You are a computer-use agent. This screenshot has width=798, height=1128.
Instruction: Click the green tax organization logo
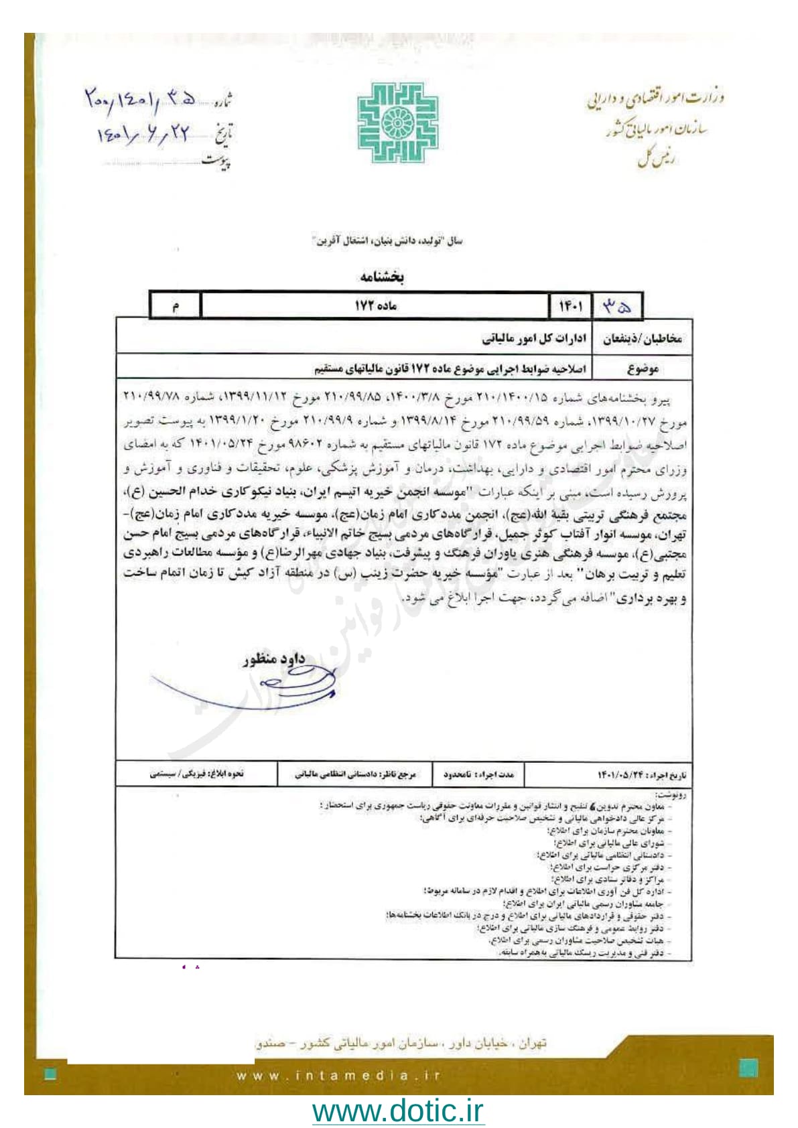(398, 123)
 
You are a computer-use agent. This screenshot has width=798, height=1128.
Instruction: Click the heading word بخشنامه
(381, 276)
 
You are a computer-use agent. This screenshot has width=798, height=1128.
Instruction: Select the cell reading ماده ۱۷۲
(375, 305)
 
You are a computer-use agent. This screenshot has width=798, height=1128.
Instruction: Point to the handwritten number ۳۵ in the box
(616, 306)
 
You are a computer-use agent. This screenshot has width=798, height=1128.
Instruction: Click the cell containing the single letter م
(175, 306)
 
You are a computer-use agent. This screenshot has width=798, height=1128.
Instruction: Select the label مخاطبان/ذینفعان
(642, 339)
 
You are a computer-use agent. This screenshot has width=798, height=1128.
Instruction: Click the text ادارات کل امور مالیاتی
(534, 339)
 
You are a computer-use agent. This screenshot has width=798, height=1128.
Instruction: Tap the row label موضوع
(643, 368)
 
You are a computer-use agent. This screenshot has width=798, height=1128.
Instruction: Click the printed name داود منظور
(274, 659)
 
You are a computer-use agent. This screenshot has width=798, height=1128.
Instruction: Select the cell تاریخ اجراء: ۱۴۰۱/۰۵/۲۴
(641, 775)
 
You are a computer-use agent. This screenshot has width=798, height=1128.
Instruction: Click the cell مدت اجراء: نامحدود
(478, 775)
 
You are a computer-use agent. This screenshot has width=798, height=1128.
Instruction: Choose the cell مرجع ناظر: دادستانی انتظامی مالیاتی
(355, 775)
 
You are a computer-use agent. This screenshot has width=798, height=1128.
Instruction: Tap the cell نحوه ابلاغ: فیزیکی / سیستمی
(196, 774)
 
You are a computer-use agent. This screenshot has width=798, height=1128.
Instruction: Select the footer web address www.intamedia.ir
(338, 1076)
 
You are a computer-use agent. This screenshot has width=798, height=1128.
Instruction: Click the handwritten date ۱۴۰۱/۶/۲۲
(144, 135)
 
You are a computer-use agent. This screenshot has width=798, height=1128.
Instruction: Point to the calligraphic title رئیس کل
(657, 158)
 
